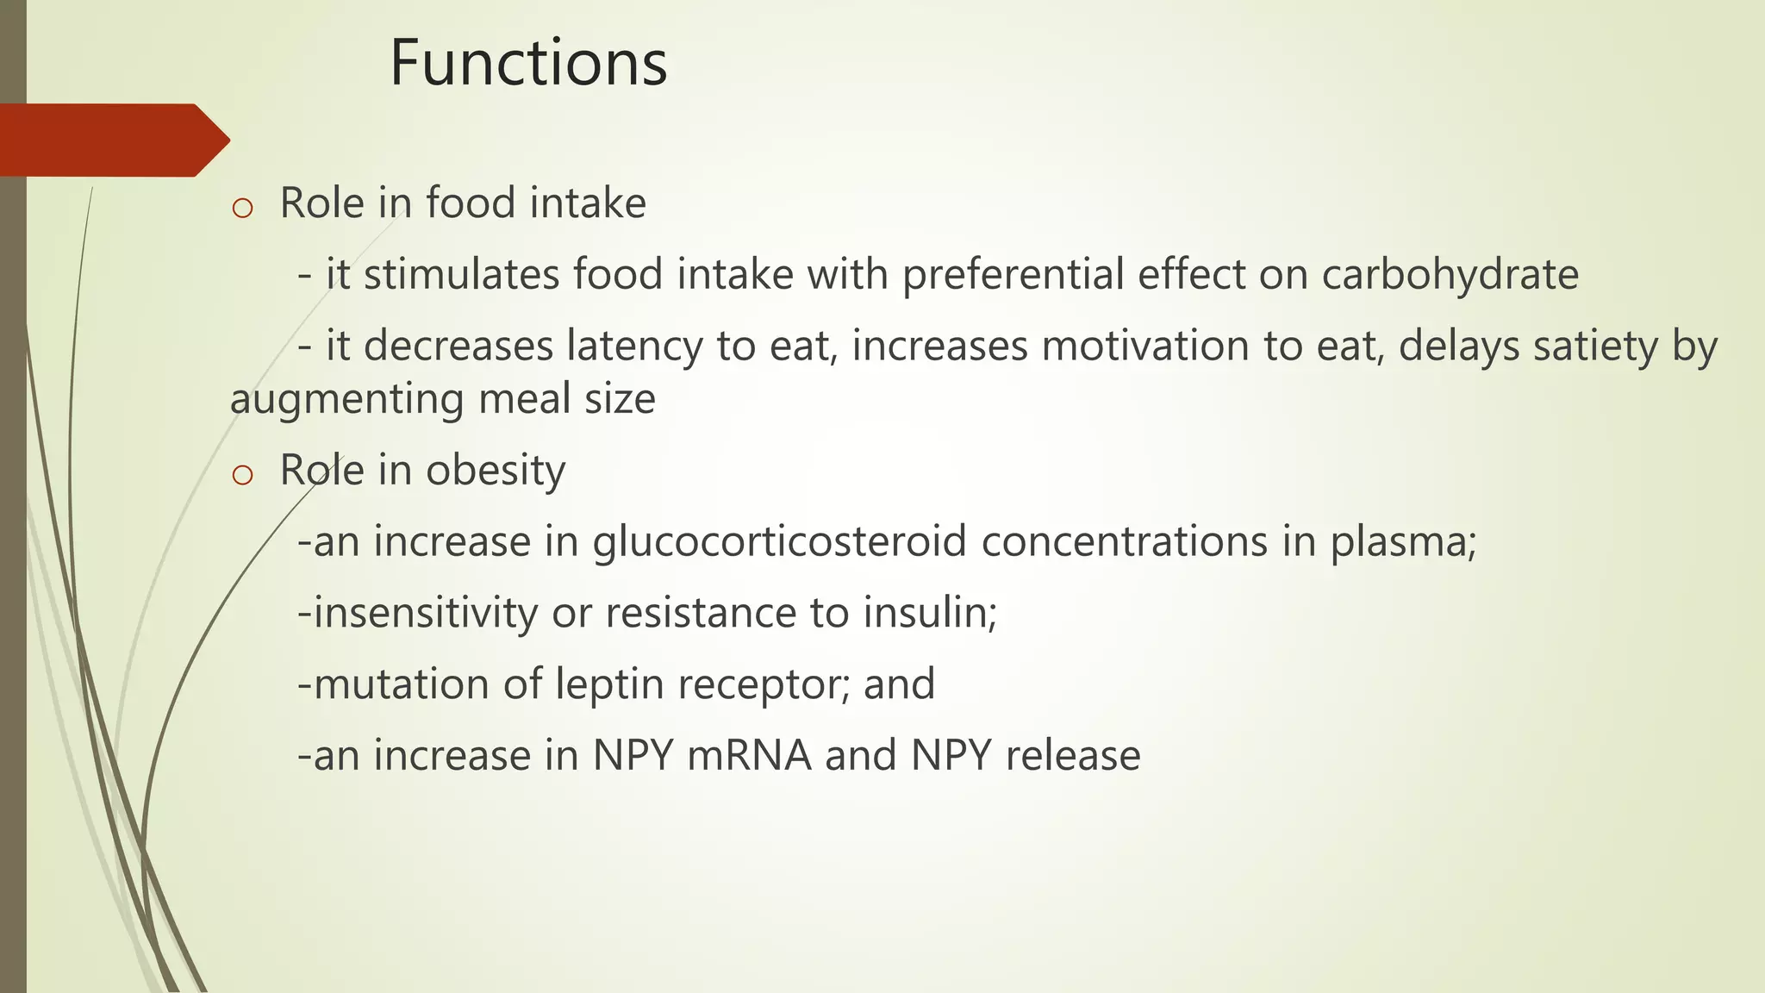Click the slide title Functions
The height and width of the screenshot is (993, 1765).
coord(528,63)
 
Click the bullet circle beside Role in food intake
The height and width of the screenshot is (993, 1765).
coord(242,208)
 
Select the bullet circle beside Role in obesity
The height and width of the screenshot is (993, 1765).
coord(242,475)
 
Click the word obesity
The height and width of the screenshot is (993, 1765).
coord(496,472)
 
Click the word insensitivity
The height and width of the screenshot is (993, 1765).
coord(426,614)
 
